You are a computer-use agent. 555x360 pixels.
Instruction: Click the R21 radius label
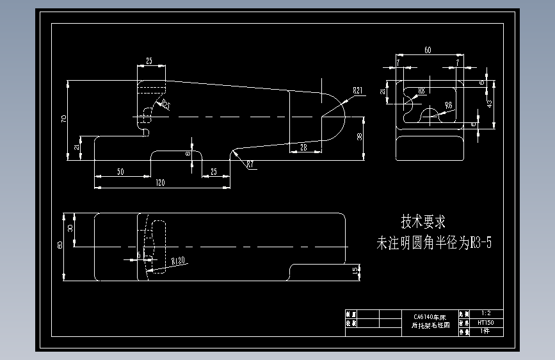coord(357,91)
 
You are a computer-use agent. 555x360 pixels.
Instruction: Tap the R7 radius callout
coord(250,165)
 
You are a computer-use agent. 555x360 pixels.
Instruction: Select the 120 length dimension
coord(160,183)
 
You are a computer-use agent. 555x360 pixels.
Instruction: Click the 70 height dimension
coord(64,119)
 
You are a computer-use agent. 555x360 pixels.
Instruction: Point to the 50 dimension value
coord(120,172)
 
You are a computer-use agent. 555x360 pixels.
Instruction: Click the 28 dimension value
coord(302,147)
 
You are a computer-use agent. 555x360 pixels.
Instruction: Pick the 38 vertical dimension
coord(360,136)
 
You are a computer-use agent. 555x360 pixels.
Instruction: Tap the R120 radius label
coord(178,261)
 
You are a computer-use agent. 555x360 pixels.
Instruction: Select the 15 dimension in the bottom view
coord(355,271)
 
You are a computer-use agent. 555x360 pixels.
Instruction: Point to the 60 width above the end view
coord(427,50)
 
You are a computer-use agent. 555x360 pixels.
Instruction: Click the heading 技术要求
coord(423,222)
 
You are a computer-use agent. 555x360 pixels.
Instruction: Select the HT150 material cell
coord(485,323)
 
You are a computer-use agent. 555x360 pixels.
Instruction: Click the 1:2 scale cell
coord(485,313)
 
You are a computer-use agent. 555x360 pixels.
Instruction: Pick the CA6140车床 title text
coord(430,317)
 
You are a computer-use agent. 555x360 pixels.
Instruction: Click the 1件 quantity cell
coord(484,332)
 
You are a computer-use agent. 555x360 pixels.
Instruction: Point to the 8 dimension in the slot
coord(188,153)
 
